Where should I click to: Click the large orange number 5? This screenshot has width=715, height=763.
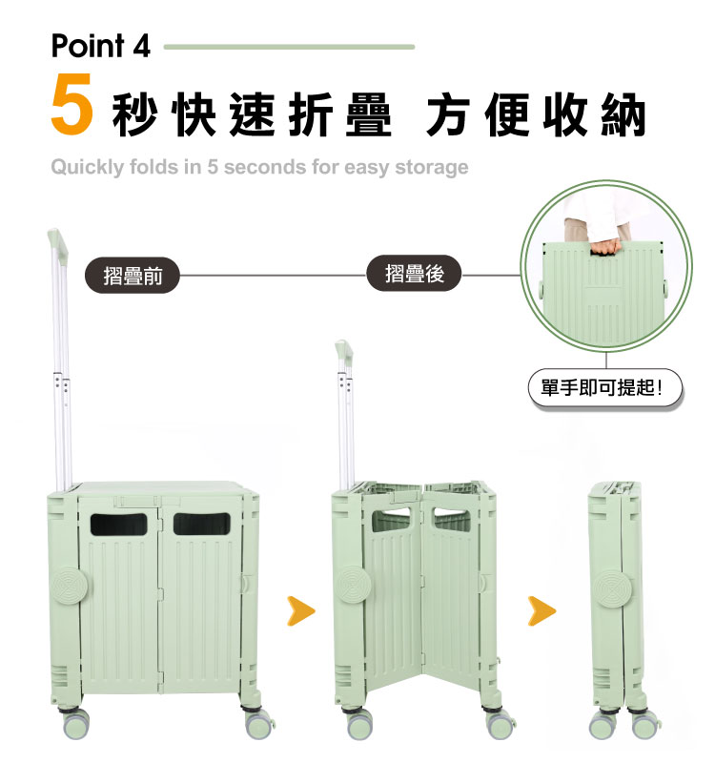click(71, 108)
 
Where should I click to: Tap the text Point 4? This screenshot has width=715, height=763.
click(100, 46)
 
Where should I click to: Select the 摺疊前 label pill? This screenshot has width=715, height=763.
click(133, 276)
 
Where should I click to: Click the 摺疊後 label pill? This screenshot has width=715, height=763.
click(415, 275)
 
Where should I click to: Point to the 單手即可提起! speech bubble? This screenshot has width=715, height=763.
click(606, 390)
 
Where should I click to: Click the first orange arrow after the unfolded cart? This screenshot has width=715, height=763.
click(301, 610)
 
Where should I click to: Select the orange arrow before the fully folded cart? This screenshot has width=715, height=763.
click(541, 610)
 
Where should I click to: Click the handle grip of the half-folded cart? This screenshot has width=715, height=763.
click(339, 352)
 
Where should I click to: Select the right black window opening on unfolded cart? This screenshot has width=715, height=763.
click(201, 524)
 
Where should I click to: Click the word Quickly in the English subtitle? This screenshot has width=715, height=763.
click(87, 168)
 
